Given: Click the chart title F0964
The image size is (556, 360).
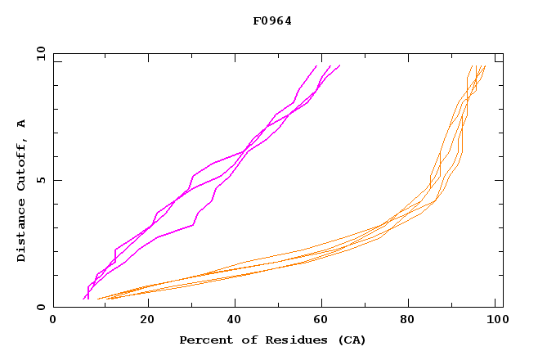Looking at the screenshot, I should click(272, 21).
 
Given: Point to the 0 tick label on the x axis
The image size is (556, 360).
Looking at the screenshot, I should click(53, 321).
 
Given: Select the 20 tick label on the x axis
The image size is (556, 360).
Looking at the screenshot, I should click(147, 321).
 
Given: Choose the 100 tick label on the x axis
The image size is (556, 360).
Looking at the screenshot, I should click(495, 321).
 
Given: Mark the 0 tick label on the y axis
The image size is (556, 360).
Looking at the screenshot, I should click(40, 307).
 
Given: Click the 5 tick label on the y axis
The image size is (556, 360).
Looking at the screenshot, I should click(40, 180).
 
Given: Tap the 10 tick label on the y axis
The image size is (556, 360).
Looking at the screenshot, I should click(40, 54).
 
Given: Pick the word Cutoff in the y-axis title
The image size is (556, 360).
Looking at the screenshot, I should click(22, 168).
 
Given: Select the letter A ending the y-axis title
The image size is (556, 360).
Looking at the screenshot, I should click(22, 124).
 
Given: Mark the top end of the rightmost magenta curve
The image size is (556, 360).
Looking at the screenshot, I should click(339, 65).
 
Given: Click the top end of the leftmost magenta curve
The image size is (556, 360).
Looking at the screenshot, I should click(316, 65).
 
